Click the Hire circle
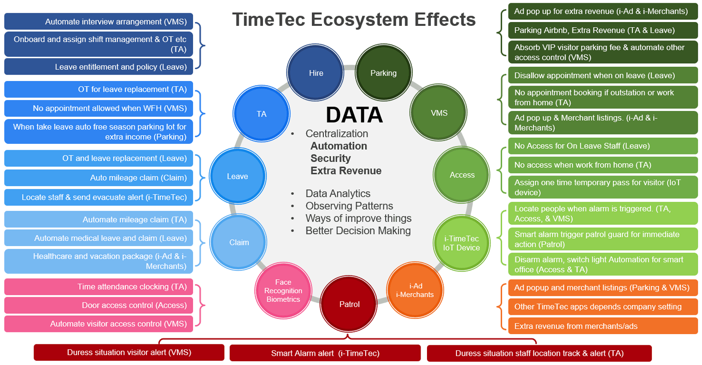(x=315, y=72)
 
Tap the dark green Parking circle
(x=384, y=72)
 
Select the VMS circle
(x=439, y=112)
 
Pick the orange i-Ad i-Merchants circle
(x=415, y=290)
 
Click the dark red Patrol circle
(x=349, y=304)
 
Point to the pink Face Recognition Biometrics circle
(x=283, y=290)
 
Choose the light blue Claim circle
(x=238, y=242)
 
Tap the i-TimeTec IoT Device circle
(x=462, y=243)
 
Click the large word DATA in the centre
(x=354, y=115)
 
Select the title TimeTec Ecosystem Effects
(x=354, y=19)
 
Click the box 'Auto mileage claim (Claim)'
(x=99, y=178)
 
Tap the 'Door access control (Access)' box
(x=99, y=305)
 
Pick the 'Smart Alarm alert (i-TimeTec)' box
(x=325, y=353)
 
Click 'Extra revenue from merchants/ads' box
(x=603, y=326)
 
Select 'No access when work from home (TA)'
(x=603, y=165)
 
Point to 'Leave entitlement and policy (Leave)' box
(x=99, y=66)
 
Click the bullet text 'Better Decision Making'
(x=358, y=230)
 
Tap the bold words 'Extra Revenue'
(x=346, y=171)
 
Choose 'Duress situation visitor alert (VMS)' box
(x=129, y=353)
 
